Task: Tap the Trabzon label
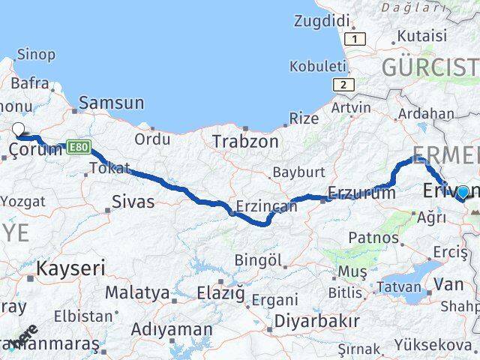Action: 244,141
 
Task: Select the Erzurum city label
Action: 362,193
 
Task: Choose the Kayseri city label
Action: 71,268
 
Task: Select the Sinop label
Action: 35,54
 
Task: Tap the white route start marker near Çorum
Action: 19,129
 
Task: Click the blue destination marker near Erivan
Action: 463,192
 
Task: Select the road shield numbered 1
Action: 353,37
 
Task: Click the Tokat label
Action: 109,168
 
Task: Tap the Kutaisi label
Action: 421,35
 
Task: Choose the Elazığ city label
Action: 220,292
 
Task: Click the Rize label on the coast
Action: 304,118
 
